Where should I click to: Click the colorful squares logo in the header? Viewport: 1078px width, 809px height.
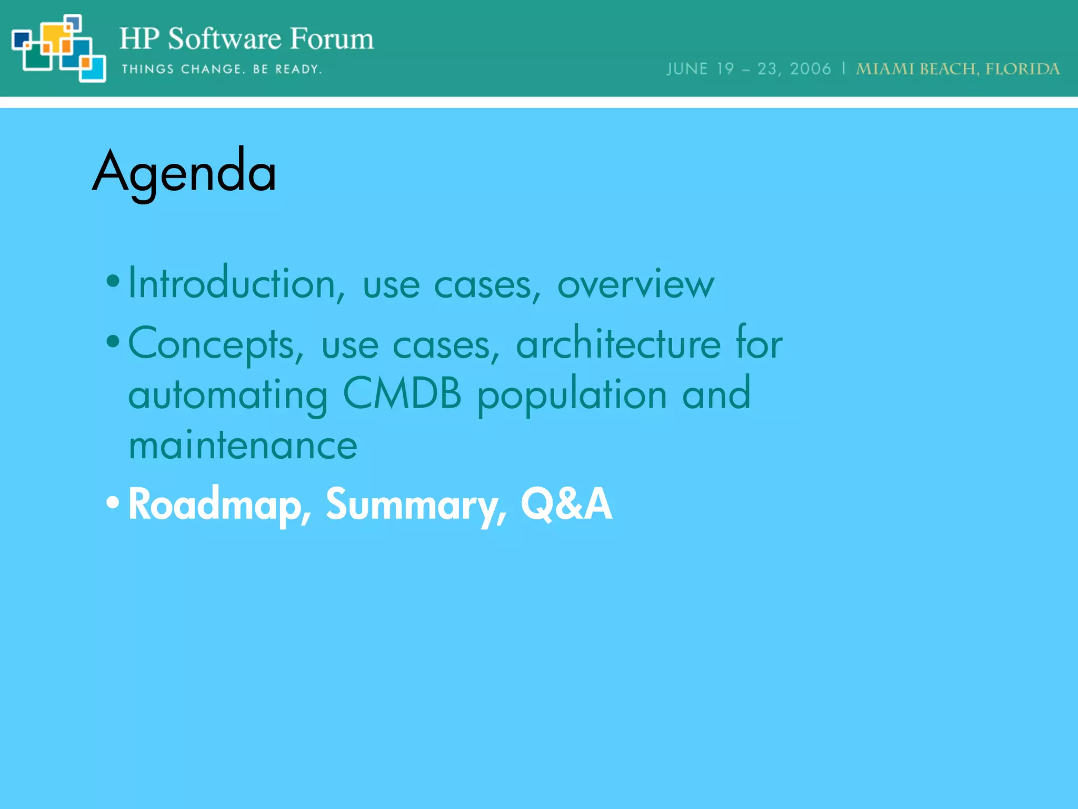tap(58, 48)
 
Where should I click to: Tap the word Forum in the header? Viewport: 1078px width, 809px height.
tap(332, 39)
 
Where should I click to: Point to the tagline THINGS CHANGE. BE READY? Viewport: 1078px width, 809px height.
tap(222, 69)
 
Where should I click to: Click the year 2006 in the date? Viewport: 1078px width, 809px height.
tap(810, 69)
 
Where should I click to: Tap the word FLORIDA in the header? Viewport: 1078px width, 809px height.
tap(1022, 69)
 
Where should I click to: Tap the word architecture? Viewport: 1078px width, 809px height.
tap(618, 343)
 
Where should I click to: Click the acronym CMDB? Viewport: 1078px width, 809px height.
tap(402, 393)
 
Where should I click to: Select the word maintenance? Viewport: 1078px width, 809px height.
tap(243, 446)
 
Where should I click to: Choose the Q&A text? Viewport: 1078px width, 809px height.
tap(566, 504)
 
